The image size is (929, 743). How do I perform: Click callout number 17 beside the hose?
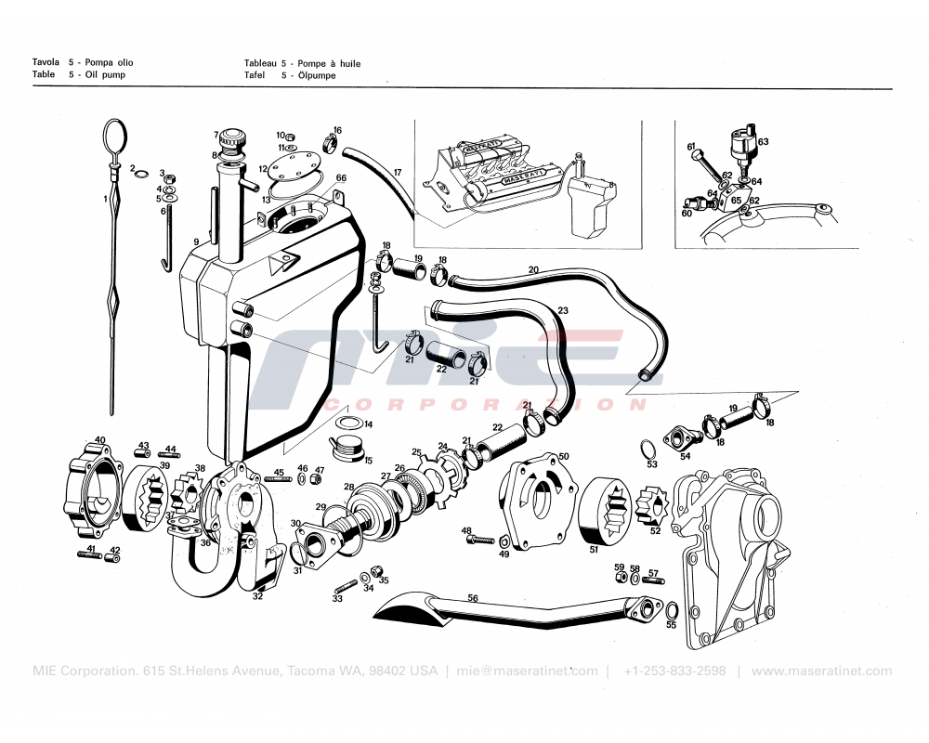tap(397, 173)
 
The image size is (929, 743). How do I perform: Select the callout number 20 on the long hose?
tap(533, 269)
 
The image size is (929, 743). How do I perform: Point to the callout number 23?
tap(563, 310)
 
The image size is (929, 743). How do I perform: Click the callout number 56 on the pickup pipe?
tap(472, 599)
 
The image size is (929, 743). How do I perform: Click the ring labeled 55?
tap(672, 611)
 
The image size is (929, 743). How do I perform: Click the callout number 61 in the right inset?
tap(691, 147)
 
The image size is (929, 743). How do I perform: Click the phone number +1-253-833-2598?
tap(674, 671)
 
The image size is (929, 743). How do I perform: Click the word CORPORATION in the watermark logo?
tap(483, 405)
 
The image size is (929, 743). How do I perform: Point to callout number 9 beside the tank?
tap(196, 243)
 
